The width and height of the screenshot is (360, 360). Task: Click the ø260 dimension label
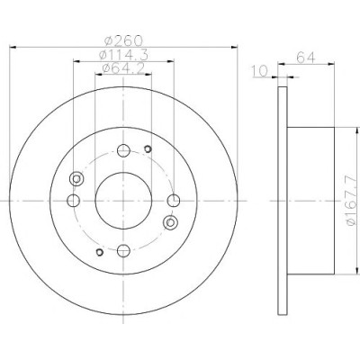[123, 40]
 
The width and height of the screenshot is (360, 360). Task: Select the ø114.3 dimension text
[123, 55]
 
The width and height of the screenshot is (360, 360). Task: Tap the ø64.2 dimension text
[123, 68]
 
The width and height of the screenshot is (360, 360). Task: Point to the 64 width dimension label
[306, 57]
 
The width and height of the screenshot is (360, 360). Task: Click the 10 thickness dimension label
[260, 71]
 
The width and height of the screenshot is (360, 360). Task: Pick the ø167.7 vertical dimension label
[352, 201]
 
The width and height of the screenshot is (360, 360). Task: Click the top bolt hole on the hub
[123, 150]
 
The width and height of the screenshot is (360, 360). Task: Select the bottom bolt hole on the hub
[123, 250]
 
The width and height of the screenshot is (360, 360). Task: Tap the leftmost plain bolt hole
[73, 201]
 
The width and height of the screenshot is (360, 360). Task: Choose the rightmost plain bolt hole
[174, 201]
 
